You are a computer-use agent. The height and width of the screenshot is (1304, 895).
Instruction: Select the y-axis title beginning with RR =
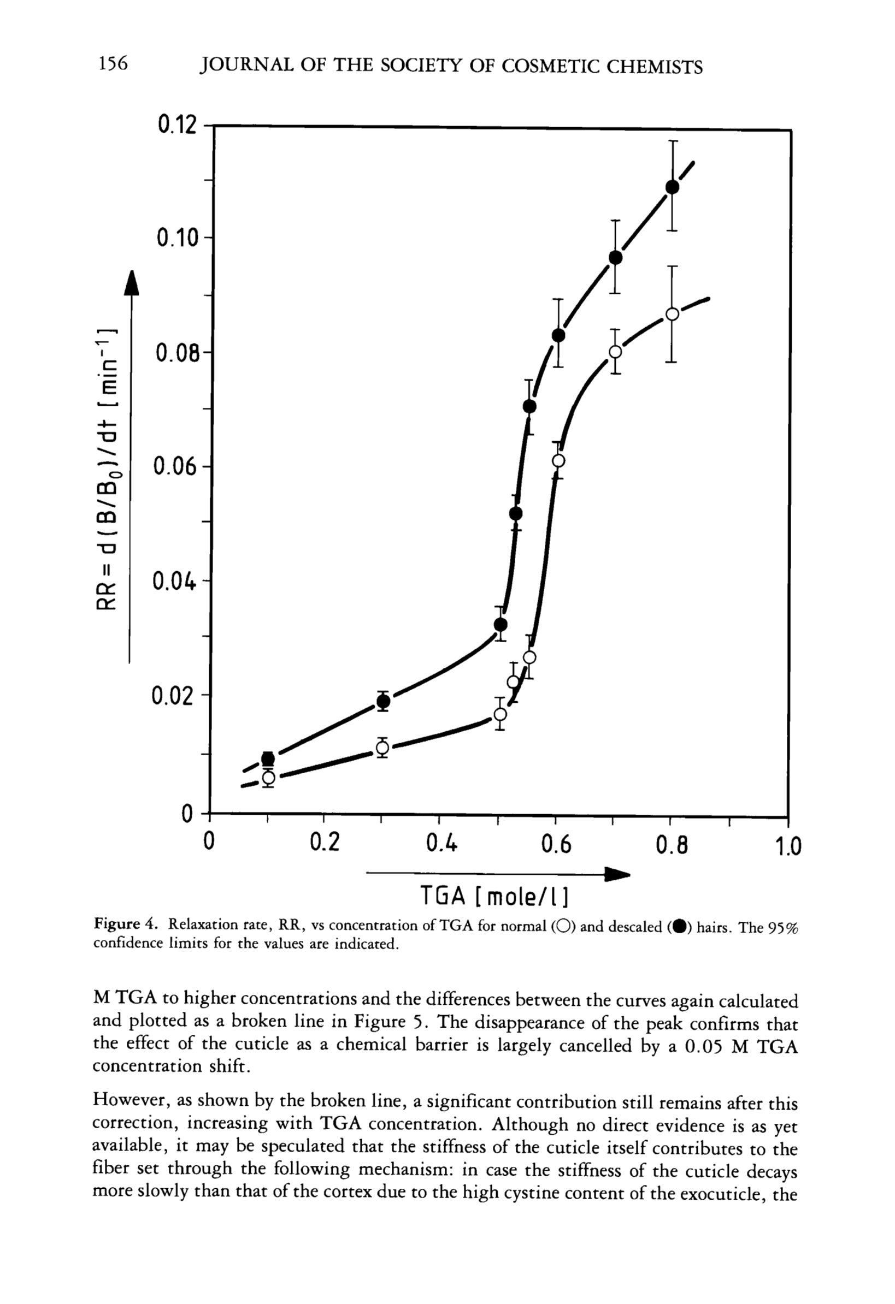click(108, 469)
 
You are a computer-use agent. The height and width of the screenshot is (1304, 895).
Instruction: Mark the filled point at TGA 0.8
click(672, 187)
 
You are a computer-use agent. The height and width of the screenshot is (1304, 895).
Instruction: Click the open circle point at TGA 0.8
click(672, 314)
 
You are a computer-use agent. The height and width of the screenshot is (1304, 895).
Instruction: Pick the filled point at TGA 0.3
click(384, 701)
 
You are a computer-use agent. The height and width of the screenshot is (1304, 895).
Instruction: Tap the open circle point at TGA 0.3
click(382, 748)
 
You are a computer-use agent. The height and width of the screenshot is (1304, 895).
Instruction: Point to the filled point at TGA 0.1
click(268, 758)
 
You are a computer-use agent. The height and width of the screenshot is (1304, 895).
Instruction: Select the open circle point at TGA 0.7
click(615, 352)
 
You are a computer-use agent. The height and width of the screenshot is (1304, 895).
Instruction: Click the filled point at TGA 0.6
click(558, 335)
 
